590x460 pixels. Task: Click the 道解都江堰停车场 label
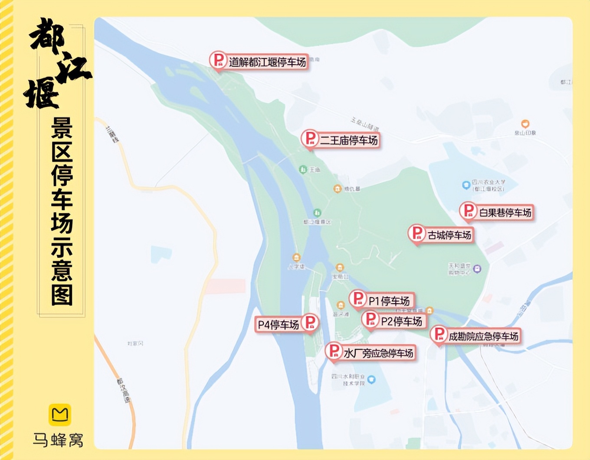[x=267, y=62]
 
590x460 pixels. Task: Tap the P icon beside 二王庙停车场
[x=310, y=138]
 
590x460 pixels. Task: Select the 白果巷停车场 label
[x=505, y=213]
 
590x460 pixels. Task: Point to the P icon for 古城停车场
[x=416, y=233]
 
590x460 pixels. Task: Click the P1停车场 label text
[x=389, y=301]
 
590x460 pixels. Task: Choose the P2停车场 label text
[x=401, y=321]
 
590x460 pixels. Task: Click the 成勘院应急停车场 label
[x=483, y=337]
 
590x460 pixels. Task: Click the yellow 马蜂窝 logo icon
[x=59, y=415]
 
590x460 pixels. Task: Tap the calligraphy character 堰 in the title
[x=42, y=93]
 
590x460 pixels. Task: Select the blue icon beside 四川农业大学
[x=466, y=185]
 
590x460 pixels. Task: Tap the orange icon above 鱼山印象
[x=525, y=124]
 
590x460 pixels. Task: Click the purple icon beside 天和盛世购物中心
[x=477, y=269]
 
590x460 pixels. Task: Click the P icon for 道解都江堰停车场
[x=218, y=60]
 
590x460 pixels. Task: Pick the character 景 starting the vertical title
[x=62, y=128]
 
